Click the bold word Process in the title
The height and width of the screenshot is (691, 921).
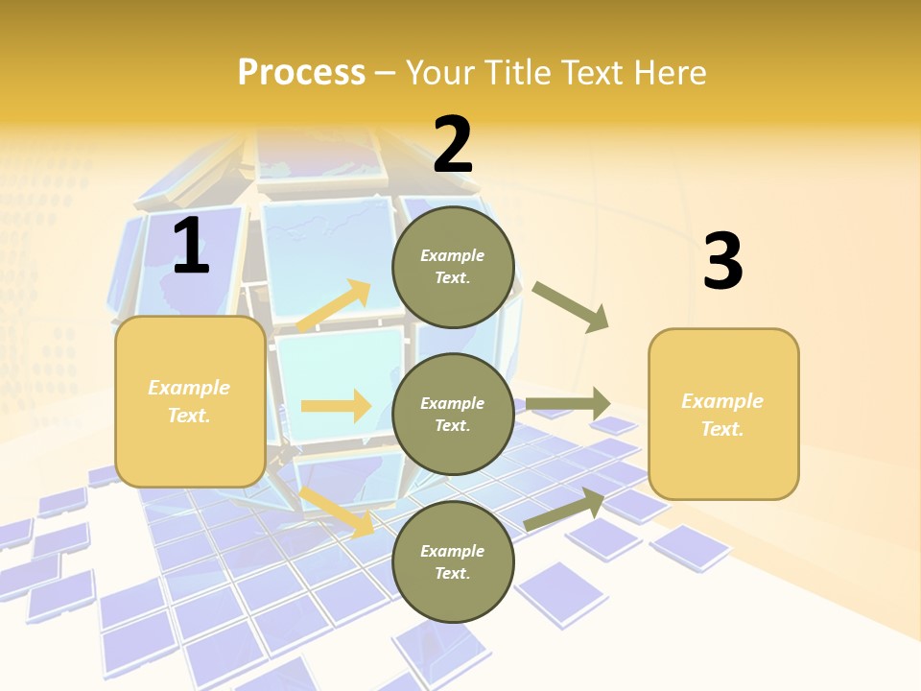pos(301,73)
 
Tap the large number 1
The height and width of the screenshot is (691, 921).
pos(190,247)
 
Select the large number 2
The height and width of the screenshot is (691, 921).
pos(453,145)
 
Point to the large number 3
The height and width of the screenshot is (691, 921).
pos(722,261)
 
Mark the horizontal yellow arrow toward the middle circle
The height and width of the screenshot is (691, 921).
pos(336,406)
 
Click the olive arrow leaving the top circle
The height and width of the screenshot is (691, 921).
pos(571,307)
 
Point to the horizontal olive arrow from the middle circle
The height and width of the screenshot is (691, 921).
pos(568,404)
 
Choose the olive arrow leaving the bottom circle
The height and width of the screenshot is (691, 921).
pos(564,510)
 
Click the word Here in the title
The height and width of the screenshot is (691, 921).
pos(668,73)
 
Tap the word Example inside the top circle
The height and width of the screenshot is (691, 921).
pos(453,255)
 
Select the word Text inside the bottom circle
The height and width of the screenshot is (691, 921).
pos(451,573)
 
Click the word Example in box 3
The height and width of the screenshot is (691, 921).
pos(722,401)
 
